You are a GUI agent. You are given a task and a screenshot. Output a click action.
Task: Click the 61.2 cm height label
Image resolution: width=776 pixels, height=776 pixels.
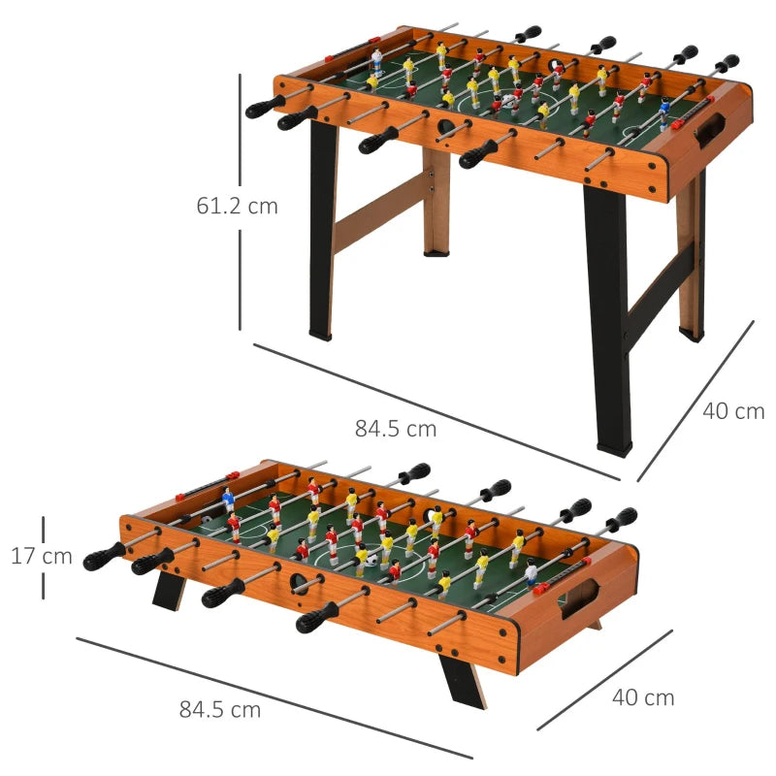[x=237, y=206]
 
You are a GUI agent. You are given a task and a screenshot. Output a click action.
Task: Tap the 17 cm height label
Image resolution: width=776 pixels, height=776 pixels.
[x=42, y=557]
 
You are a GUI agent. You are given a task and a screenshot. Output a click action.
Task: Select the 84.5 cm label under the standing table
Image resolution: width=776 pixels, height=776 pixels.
[x=395, y=427]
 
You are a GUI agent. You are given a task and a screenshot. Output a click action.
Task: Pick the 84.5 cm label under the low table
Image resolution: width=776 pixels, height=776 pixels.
[x=220, y=709]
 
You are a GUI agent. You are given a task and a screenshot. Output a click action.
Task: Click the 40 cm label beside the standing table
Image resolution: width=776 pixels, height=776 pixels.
[x=733, y=411]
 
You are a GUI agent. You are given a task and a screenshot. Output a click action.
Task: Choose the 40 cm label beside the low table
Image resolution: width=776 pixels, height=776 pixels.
[x=642, y=696]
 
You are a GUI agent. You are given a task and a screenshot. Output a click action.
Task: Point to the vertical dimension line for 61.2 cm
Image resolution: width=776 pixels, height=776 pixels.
[x=240, y=136]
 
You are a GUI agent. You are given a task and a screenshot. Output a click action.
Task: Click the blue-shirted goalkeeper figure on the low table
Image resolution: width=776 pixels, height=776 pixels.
[x=229, y=501]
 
